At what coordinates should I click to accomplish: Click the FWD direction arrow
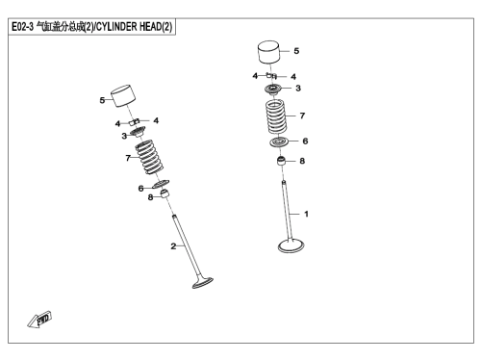39,320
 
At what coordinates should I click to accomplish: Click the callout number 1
306,214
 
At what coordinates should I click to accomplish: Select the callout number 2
173,246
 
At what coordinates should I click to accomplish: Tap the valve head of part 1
291,245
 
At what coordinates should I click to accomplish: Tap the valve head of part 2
203,282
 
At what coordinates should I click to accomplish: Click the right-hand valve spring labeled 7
276,116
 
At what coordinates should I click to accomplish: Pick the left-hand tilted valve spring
149,157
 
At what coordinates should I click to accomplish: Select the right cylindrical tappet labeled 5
268,52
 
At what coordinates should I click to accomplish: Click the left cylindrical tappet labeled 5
123,96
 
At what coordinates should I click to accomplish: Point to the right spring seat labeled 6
279,141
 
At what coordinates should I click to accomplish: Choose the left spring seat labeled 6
162,184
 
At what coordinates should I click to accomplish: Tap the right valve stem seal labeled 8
281,161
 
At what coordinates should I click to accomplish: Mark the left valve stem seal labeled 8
165,193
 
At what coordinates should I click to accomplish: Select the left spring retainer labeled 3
138,132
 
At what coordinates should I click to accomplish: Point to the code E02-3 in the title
22,26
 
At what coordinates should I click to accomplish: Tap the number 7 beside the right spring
302,116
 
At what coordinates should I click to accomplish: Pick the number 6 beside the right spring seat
305,141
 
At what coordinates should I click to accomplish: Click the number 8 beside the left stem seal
150,197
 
